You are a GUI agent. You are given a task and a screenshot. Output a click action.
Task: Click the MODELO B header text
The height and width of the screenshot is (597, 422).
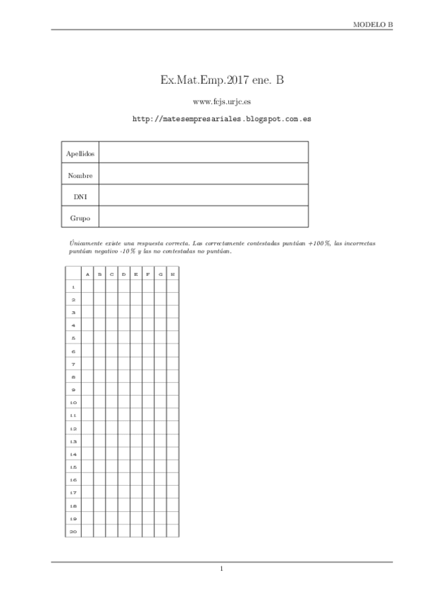(373, 24)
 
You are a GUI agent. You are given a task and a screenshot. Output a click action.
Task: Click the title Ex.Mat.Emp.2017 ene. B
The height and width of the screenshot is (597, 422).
(222, 82)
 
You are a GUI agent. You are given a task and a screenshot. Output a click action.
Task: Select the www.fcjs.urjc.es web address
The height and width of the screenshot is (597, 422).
(222, 103)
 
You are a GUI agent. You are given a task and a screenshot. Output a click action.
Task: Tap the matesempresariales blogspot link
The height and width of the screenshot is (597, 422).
(222, 120)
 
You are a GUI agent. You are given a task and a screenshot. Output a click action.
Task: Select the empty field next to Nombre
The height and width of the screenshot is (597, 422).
(203, 174)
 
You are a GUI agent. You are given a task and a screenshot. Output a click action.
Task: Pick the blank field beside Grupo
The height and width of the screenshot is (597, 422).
(203, 217)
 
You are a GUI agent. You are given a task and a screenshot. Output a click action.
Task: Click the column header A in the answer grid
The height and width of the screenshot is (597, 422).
(87, 274)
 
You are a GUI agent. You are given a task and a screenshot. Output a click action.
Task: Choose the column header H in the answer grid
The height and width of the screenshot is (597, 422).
(173, 274)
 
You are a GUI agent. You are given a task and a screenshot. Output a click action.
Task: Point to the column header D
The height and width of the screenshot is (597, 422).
(124, 274)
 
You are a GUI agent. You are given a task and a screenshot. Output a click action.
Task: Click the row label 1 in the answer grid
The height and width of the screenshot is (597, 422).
(73, 287)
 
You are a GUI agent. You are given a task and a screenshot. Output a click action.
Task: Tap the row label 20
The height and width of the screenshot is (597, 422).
(73, 531)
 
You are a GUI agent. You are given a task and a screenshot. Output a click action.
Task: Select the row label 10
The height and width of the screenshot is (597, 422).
(73, 402)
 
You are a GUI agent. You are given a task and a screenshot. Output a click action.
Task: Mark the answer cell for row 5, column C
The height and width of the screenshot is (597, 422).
(112, 338)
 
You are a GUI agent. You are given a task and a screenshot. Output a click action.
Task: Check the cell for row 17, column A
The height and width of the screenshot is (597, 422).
(87, 492)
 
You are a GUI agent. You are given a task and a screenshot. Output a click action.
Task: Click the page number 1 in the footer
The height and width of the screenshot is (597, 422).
(221, 569)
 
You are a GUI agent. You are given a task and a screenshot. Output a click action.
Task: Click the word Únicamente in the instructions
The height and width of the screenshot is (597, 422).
(77, 243)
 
